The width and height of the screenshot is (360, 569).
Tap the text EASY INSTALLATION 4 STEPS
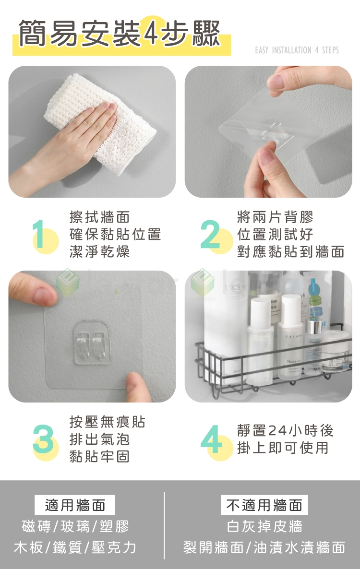(x=297, y=50)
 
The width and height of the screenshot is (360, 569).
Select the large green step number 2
(x=210, y=234)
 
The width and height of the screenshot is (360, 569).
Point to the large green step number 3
(x=43, y=439)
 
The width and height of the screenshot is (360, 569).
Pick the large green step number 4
(x=212, y=439)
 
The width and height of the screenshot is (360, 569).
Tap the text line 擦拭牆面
(x=99, y=217)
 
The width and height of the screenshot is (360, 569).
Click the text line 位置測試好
(x=275, y=234)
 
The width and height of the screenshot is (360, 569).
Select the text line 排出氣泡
(x=99, y=439)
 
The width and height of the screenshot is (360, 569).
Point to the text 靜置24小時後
(x=285, y=430)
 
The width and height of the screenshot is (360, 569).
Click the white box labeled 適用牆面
(x=75, y=505)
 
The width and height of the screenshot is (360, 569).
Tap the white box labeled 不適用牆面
(x=264, y=505)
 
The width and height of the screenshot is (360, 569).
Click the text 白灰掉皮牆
(x=264, y=526)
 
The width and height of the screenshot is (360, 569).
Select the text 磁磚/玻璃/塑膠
(x=75, y=526)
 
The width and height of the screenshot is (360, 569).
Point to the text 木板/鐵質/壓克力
(x=75, y=547)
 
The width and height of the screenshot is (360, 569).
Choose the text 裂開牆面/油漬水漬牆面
(x=264, y=547)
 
